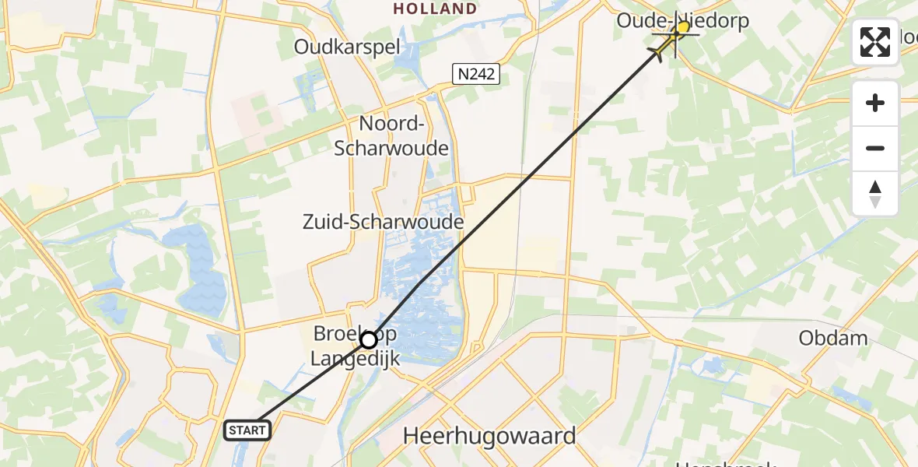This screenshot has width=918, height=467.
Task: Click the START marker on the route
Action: [247, 430]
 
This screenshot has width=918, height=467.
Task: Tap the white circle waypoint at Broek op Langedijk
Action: [368, 340]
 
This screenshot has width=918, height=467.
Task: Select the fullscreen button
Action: [875, 42]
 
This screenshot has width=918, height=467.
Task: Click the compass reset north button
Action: [875, 194]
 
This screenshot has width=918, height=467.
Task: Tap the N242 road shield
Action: [476, 74]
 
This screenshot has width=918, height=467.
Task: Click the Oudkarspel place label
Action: [347, 47]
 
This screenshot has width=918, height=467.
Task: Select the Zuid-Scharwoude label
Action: [383, 223]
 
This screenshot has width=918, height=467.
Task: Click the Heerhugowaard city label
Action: [489, 436]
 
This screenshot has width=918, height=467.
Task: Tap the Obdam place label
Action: [833, 338]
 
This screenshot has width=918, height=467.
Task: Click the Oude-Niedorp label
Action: [682, 20]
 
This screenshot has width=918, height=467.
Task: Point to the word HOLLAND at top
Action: [435, 9]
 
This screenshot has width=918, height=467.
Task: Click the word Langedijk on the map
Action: [344, 359]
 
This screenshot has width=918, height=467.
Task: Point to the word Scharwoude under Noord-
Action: [391, 148]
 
